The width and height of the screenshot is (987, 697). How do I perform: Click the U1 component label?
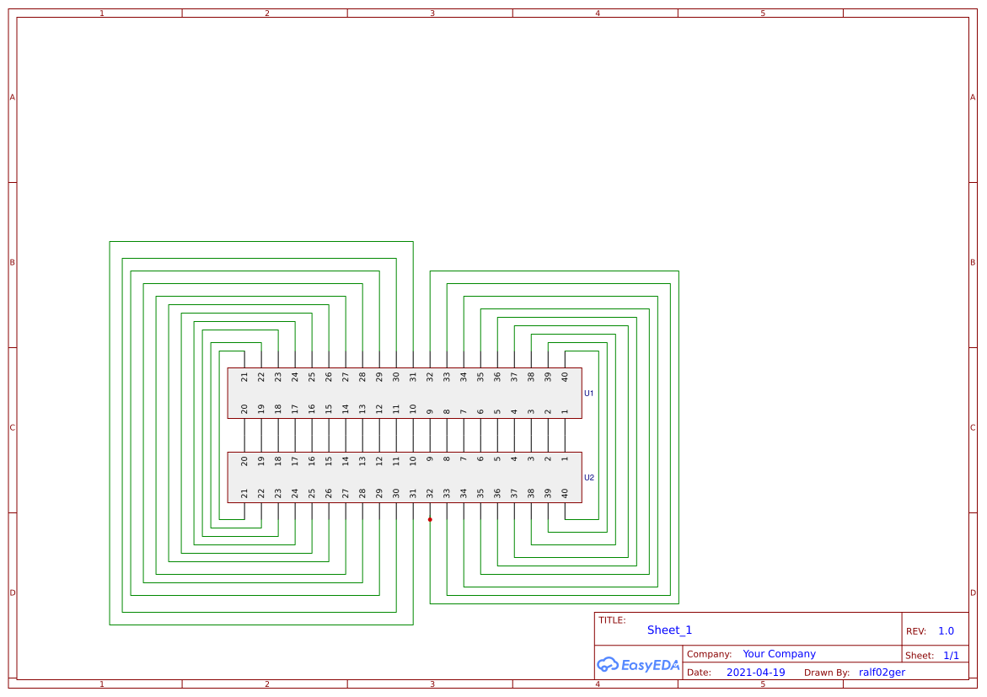[x=589, y=394]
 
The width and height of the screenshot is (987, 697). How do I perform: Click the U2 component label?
[x=589, y=478]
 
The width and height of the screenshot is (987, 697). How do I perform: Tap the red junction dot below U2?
[x=430, y=519]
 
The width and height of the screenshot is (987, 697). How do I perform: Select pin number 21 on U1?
[x=244, y=378]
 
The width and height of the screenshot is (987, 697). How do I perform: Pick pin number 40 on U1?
[x=565, y=378]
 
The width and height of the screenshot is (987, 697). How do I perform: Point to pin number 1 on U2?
[x=565, y=459]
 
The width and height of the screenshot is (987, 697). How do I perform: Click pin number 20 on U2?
[x=244, y=461]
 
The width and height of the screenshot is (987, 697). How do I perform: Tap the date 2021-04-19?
[x=755, y=673]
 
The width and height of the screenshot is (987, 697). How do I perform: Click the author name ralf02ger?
[x=882, y=673]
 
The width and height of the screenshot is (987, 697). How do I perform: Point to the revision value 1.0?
[x=946, y=631]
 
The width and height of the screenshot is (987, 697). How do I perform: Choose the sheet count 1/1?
[x=951, y=655]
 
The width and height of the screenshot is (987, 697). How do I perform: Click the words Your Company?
[x=779, y=654]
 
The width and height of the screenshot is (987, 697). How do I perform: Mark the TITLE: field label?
[x=612, y=620]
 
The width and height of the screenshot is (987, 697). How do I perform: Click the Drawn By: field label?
[x=827, y=673]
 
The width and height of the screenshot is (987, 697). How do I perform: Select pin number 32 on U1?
[x=430, y=378]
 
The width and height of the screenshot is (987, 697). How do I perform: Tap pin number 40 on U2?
[x=565, y=494]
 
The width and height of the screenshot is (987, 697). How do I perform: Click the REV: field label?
[x=915, y=631]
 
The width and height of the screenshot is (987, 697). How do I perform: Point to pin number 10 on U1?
[x=413, y=410]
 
